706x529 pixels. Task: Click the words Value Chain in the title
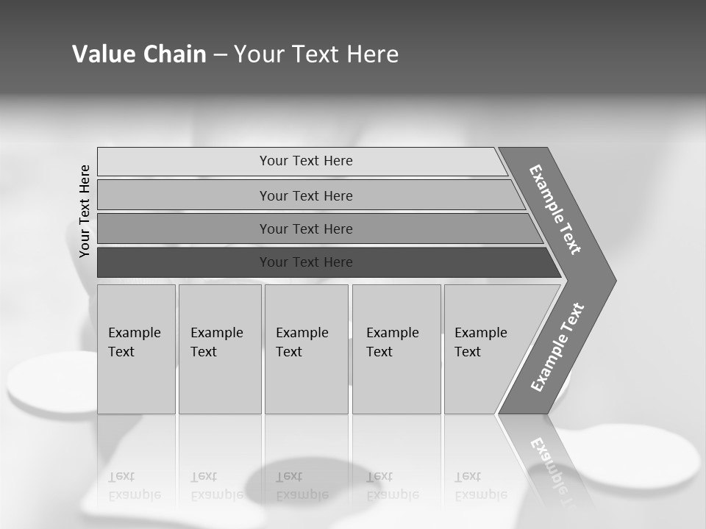coord(139,54)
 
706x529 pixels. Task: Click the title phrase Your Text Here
coord(316,54)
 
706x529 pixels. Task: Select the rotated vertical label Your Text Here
coord(85,212)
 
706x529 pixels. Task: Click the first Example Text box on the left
coord(136,349)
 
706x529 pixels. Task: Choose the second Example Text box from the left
coord(220,349)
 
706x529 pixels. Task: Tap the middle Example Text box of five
coord(306,349)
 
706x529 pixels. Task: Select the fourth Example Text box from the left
coord(396,349)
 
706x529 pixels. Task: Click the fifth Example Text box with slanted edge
coord(485,349)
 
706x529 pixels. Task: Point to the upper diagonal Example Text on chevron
coord(555,209)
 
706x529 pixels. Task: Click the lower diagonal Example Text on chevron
coord(557,347)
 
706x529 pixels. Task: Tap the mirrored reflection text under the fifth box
coord(480,486)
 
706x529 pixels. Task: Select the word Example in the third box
coord(302,333)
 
